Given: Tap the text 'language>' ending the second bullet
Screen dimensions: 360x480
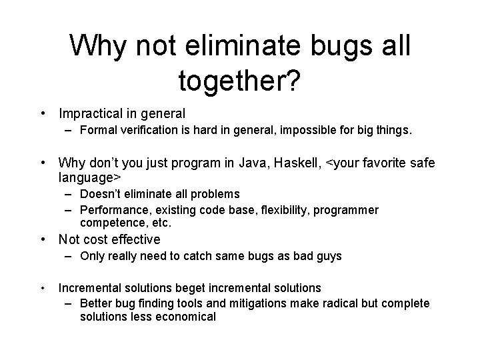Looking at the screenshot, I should [89, 178].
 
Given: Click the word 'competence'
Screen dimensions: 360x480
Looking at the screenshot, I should [108, 222].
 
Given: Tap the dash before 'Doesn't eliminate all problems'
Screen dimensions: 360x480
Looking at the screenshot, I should [70, 194].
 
